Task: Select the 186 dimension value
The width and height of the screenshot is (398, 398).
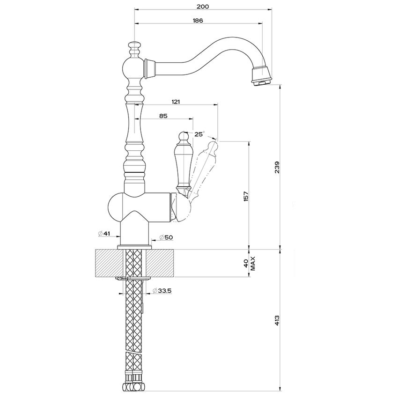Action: pyautogui.click(x=197, y=21)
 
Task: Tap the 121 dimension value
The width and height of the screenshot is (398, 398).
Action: pyautogui.click(x=177, y=102)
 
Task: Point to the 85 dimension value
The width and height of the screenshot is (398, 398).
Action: pyautogui.click(x=163, y=116)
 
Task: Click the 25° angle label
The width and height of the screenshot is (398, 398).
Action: pyautogui.click(x=199, y=134)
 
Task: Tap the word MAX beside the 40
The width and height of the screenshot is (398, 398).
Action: pyautogui.click(x=252, y=263)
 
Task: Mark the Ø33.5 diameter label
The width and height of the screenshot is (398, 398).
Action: pyautogui.click(x=162, y=291)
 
